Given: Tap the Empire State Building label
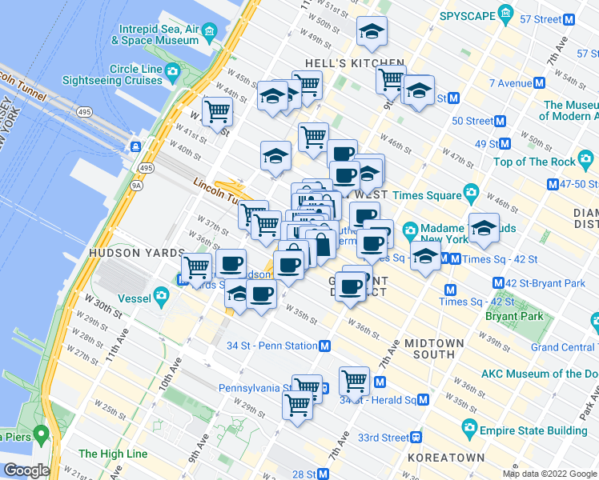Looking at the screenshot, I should click(x=533, y=430).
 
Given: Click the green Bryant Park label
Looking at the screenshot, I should click(x=514, y=316).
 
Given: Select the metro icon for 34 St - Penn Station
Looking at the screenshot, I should click(x=325, y=346).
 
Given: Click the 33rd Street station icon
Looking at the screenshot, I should click(x=416, y=438).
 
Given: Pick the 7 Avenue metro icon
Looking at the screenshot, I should click(x=541, y=83).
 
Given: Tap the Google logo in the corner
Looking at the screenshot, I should click(x=26, y=470).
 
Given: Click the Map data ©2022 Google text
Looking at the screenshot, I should click(x=549, y=474).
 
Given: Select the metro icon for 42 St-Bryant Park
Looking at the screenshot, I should click(x=498, y=282).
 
